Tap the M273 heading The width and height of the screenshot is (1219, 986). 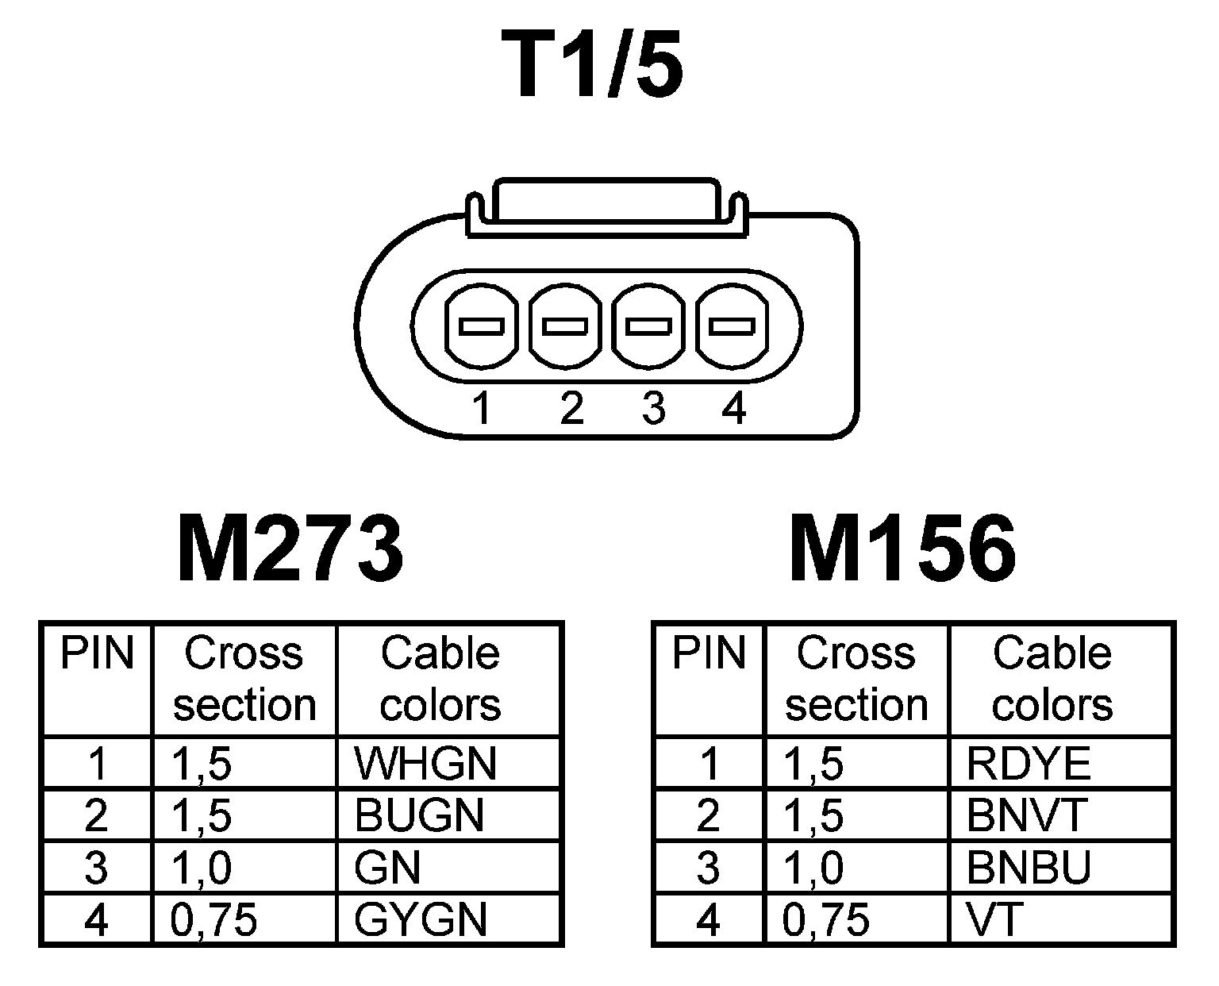(290, 549)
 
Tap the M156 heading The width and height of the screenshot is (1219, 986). (902, 549)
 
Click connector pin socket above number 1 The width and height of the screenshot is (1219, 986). (483, 327)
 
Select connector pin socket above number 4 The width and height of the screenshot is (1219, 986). (731, 327)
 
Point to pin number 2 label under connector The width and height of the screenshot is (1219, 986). (571, 409)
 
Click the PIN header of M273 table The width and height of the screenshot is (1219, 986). (97, 653)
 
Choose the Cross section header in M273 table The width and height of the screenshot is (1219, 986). (244, 679)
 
